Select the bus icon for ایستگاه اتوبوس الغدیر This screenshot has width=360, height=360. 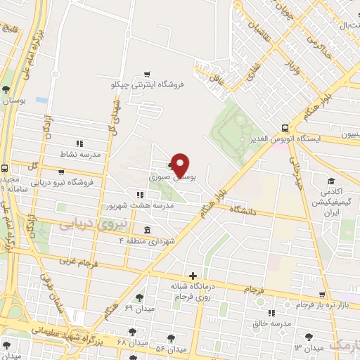[285, 128]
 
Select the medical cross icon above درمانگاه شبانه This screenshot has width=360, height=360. [193, 275]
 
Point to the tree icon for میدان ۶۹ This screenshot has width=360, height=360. [139, 298]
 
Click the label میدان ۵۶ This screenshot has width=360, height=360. [170, 349]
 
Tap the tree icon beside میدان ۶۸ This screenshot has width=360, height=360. [131, 330]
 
